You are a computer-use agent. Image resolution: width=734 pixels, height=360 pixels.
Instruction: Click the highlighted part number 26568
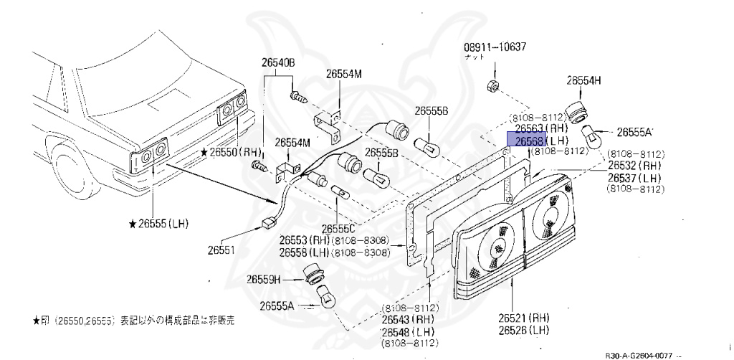[526, 140]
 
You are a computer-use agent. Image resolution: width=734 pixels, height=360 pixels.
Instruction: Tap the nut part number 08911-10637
[495, 48]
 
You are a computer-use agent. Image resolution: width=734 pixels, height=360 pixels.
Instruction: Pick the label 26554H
[584, 80]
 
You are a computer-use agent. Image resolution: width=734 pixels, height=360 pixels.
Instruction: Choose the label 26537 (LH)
[635, 177]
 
